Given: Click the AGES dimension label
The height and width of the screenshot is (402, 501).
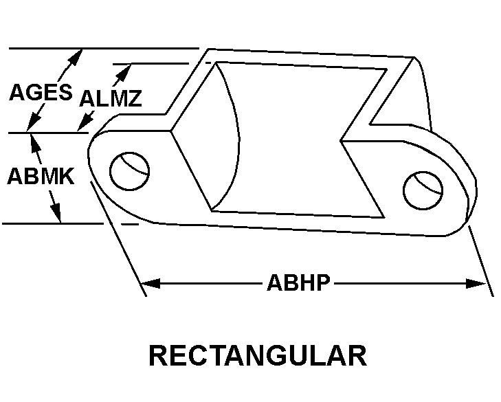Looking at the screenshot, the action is (x=41, y=92).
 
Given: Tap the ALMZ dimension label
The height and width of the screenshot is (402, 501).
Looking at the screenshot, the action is (x=111, y=98).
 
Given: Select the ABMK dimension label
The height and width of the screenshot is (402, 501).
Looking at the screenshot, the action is (x=41, y=176).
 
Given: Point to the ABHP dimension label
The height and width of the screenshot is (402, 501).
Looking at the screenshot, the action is (x=298, y=282).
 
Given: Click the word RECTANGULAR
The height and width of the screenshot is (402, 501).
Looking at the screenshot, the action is (x=258, y=355).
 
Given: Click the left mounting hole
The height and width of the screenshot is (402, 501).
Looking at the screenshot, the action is (x=129, y=171).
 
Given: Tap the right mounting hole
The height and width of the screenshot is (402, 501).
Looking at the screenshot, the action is (x=423, y=190).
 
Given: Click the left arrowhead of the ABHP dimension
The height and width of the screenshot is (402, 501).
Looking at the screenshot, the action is (x=151, y=283).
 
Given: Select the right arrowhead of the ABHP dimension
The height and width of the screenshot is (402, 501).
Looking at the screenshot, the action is (x=476, y=283).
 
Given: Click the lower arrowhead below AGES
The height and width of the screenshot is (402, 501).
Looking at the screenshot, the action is (x=34, y=123).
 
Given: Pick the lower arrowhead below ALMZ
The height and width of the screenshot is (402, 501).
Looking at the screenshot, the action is (x=85, y=122).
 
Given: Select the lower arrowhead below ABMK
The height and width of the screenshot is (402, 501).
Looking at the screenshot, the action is (x=55, y=212).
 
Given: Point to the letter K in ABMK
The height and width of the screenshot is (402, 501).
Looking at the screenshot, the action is (x=66, y=176).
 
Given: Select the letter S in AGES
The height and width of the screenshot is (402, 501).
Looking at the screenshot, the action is (x=65, y=92).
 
